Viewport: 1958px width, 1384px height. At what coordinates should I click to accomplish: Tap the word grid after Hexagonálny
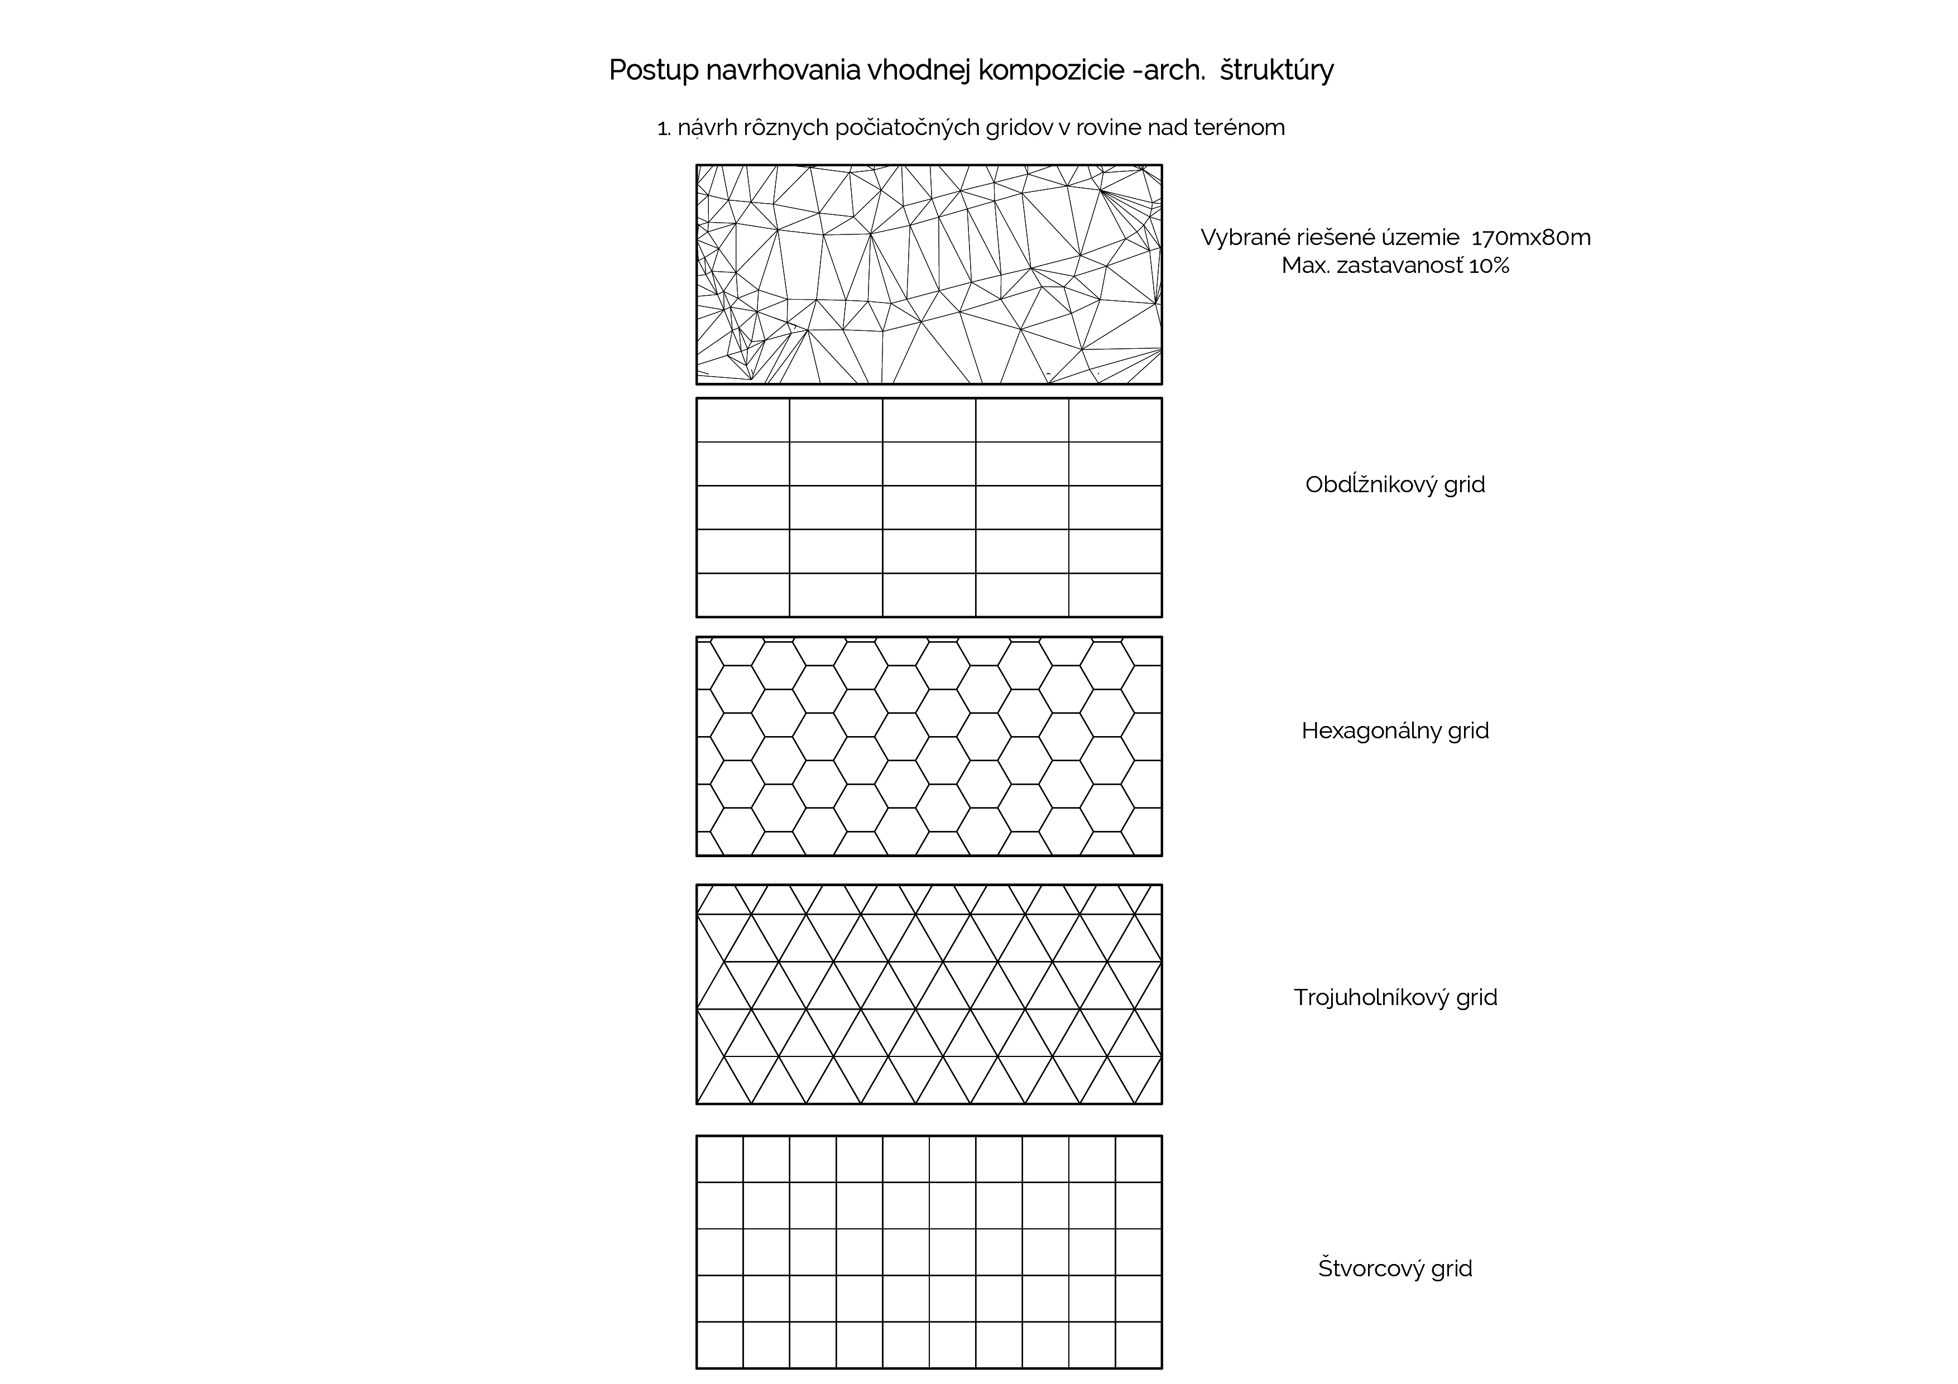coord(1467,731)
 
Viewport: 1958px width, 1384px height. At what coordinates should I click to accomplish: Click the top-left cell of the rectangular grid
coord(743,420)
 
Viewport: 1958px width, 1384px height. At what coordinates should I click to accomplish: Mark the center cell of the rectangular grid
coord(929,507)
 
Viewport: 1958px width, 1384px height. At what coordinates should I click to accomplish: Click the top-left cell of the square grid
coord(720,1159)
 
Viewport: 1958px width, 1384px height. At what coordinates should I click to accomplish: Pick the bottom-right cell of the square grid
coord(1139,1345)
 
